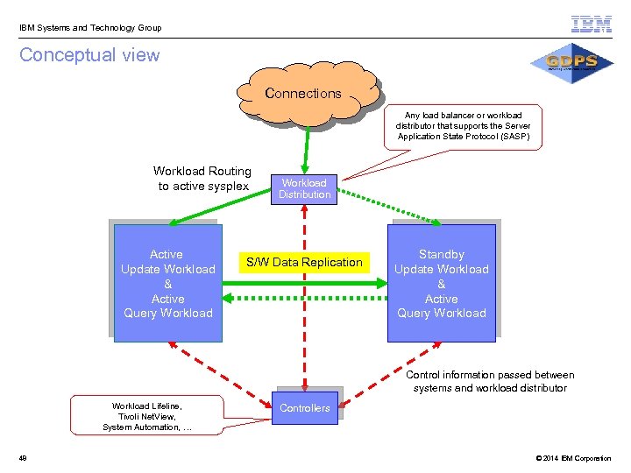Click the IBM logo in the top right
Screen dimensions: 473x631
point(592,25)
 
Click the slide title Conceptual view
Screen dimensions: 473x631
point(89,55)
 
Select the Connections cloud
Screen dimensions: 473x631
point(303,94)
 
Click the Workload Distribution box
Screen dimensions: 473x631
point(304,189)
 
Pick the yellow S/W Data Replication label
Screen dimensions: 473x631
point(303,262)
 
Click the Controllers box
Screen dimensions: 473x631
point(304,408)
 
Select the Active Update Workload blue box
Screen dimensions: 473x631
point(167,283)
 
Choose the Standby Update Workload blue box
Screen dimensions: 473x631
point(441,283)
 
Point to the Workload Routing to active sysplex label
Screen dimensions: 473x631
point(202,179)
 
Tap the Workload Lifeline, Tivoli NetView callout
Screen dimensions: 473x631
point(147,416)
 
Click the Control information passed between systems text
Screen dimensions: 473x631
point(490,381)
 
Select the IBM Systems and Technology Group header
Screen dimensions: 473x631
point(92,28)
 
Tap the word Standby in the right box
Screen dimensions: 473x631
point(441,254)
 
